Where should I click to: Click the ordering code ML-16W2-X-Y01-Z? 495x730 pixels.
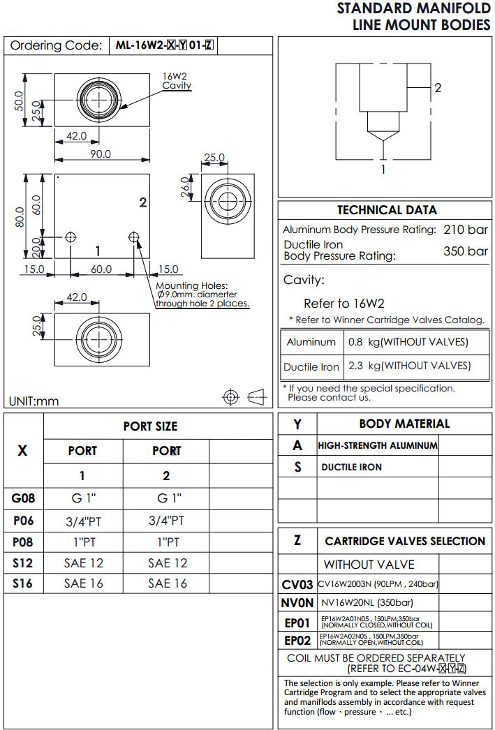click(x=165, y=46)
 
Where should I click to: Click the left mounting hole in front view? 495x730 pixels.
click(x=71, y=237)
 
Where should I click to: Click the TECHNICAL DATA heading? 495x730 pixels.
click(x=387, y=210)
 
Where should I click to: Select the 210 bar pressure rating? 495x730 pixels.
click(x=466, y=230)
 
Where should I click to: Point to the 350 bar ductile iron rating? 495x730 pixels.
click(x=466, y=251)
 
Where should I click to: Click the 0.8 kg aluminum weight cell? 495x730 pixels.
click(x=408, y=342)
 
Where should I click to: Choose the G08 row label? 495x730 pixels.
click(x=23, y=498)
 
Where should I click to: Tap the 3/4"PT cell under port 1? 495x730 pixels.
click(x=83, y=520)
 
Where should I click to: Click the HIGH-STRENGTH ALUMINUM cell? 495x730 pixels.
click(x=378, y=445)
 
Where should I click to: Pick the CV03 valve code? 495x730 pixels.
click(x=297, y=584)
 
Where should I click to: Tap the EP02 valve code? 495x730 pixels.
click(x=297, y=640)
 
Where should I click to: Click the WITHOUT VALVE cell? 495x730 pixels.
click(x=369, y=564)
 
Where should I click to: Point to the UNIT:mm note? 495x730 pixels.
click(x=34, y=401)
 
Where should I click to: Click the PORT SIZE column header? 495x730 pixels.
click(x=150, y=426)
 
